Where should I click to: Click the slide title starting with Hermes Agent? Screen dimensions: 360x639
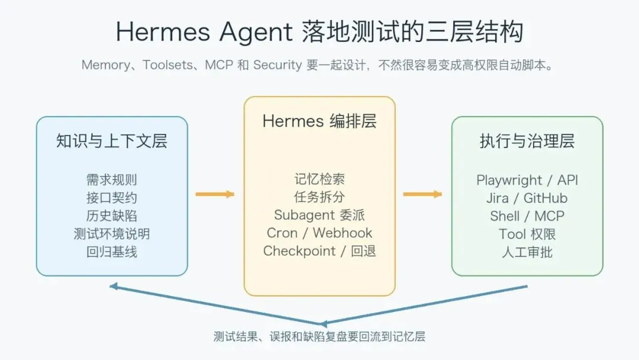point(319,31)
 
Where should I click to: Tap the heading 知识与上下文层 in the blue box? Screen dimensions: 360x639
point(112,142)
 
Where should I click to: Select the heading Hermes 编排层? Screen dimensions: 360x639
point(319,121)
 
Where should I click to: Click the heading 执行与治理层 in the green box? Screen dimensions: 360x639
point(527,142)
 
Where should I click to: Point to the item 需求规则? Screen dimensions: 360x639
point(112,180)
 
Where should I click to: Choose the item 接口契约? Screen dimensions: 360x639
point(112,198)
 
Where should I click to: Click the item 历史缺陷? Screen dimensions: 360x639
point(112,216)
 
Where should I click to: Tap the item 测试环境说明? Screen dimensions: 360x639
point(112,233)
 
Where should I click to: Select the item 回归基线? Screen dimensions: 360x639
point(112,251)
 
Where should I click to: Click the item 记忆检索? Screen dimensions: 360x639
point(319,179)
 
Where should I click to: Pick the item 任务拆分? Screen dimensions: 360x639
point(319,197)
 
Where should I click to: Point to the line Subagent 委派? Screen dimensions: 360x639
point(319,215)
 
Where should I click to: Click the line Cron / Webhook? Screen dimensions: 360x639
point(319,233)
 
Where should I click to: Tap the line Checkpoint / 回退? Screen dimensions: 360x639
point(319,250)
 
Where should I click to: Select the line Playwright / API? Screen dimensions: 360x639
point(527,180)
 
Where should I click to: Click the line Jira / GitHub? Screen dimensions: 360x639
point(527,198)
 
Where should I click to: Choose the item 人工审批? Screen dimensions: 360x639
point(527,252)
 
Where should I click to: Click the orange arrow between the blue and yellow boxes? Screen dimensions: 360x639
point(215,194)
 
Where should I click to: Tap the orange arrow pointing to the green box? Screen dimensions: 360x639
point(422,194)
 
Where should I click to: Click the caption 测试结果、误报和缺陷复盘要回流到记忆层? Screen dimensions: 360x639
point(319,337)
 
